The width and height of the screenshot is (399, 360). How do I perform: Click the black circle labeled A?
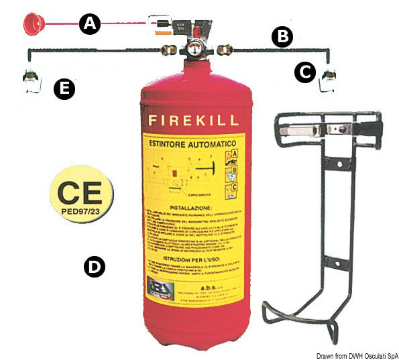tap(90, 25)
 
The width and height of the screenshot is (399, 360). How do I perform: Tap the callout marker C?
tap(305, 72)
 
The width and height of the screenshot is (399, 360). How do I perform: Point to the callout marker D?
tap(94, 267)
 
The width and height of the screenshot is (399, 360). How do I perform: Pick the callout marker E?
tap(64, 90)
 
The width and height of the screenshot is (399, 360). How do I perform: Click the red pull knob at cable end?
tap(33, 25)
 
